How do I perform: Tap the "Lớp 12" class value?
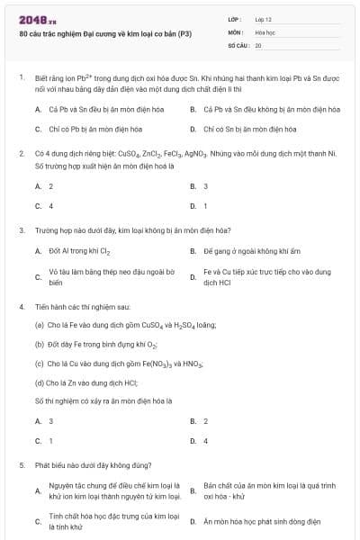tap(263, 18)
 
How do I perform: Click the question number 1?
tap(21, 78)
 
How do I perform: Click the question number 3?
tap(21, 230)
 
